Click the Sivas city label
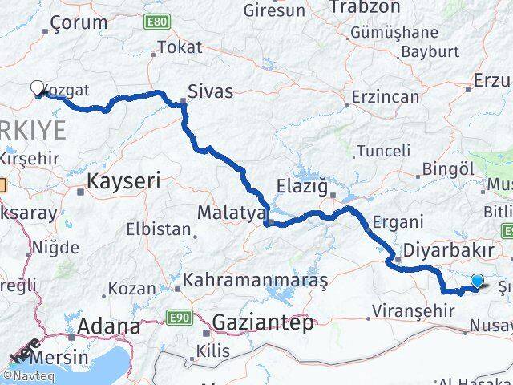pos(211,91)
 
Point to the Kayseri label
pos(123,181)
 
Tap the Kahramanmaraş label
pos(256,282)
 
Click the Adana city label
pos(109,327)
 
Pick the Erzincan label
pos(389,97)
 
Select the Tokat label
pos(180,48)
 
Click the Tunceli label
pos(383,151)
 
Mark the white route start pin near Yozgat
pos(37,88)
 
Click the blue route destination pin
pos(478,281)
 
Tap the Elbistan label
pos(158,230)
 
